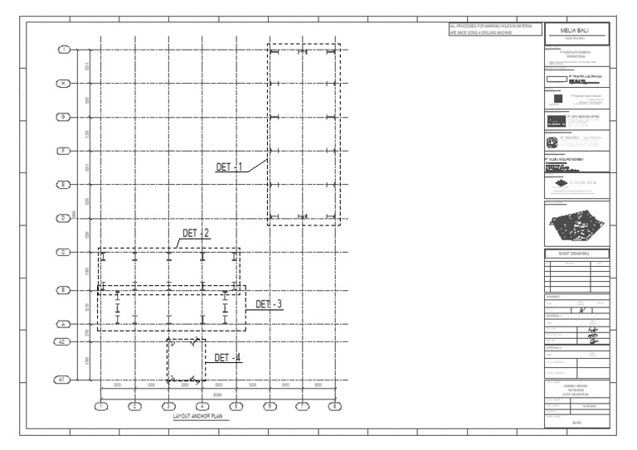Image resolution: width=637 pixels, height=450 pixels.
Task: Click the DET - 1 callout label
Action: point(229,167)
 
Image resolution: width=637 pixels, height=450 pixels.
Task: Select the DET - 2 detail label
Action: point(196,233)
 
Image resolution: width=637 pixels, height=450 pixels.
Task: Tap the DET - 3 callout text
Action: point(269,304)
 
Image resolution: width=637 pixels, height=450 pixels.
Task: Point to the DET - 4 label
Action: point(227,357)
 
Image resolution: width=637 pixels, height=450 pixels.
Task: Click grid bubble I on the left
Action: point(63,50)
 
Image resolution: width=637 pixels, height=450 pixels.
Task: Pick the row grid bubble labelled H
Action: point(63,83)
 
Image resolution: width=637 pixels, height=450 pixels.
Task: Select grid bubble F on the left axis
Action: point(63,150)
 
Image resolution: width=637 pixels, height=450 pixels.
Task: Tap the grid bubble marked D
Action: point(63,218)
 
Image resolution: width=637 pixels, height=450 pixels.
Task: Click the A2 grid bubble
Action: point(62,341)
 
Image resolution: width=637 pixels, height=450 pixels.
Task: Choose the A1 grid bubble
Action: point(62,379)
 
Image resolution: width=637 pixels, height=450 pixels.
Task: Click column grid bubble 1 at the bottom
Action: point(100,406)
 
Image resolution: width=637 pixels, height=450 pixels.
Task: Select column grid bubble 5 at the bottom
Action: point(236,406)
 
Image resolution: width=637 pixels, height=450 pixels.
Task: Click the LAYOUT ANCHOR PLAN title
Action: point(195,417)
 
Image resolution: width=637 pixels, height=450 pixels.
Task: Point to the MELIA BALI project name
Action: point(578,31)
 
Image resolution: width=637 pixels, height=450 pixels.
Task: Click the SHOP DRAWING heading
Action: point(578,253)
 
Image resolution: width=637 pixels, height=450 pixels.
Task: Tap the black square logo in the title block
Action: point(557,98)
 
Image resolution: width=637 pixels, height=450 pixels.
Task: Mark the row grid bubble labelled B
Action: point(63,290)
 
